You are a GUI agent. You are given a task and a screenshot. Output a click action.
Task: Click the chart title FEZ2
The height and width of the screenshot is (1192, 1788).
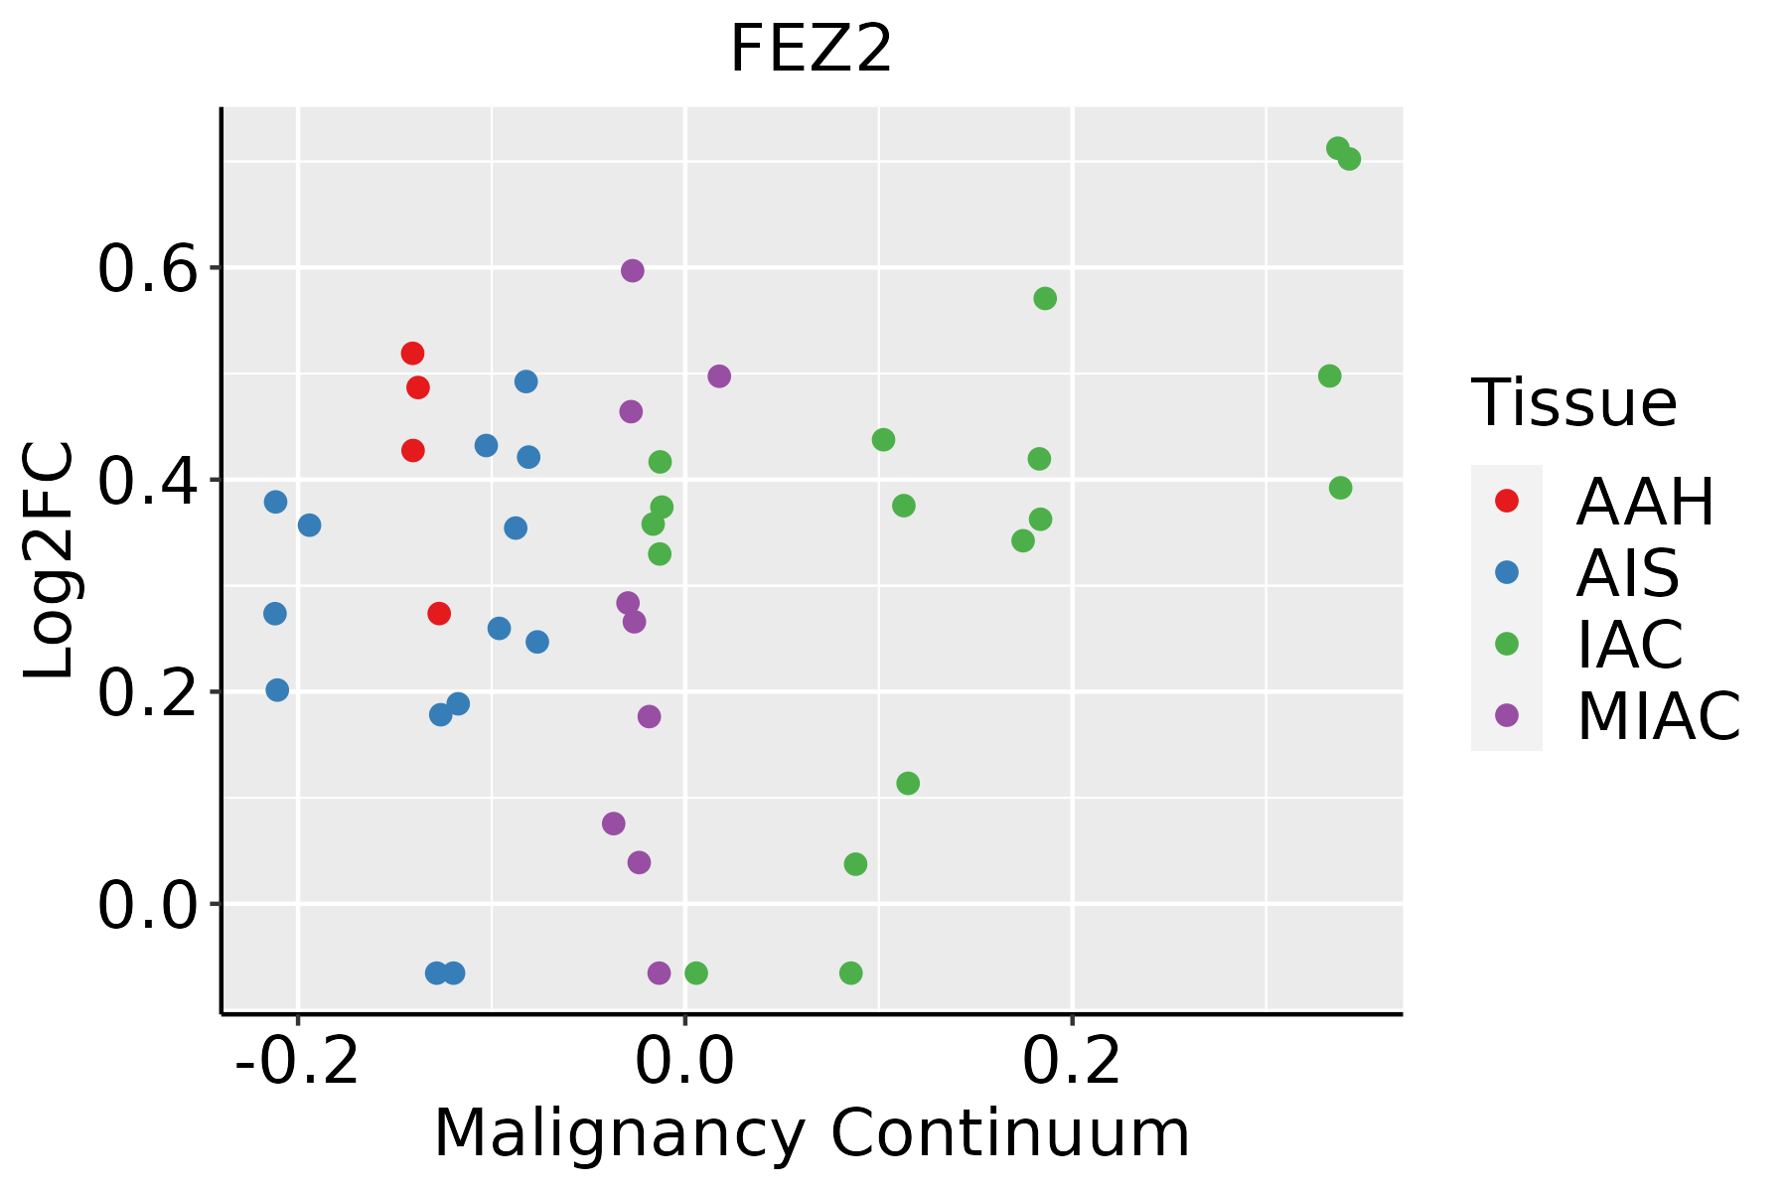click(811, 50)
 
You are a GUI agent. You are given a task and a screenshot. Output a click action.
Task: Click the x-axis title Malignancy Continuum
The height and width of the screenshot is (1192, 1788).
click(811, 1133)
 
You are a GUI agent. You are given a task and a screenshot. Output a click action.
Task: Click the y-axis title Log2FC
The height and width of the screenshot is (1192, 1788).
click(50, 561)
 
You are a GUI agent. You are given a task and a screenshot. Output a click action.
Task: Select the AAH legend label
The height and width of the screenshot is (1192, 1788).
click(1645, 502)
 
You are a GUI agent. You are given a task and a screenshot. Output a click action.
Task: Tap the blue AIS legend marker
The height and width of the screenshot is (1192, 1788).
click(1507, 572)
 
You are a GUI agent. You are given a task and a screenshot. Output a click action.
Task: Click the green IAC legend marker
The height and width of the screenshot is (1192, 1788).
click(1507, 644)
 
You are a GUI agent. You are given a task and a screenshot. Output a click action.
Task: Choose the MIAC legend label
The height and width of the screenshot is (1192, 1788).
click(1658, 715)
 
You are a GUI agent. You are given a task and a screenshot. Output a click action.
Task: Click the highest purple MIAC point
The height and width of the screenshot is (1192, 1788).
click(633, 270)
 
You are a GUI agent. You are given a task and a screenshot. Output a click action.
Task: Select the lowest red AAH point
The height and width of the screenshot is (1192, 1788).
click(439, 614)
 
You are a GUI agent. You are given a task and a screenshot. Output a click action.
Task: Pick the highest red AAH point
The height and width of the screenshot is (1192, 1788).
click(412, 354)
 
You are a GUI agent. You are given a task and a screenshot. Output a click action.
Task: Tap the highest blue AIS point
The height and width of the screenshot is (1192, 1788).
click(526, 381)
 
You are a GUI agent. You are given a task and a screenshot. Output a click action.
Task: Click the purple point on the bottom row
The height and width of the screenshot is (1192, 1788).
click(659, 972)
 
